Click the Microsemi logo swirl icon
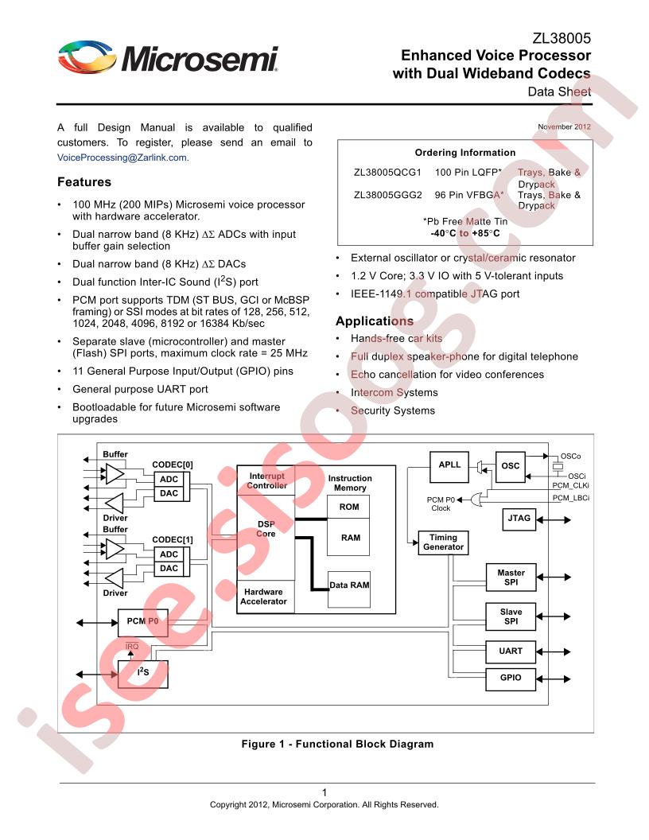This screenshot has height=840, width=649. point(87,56)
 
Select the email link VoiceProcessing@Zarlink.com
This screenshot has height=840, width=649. point(122,157)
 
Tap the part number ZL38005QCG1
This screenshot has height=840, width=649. point(387,173)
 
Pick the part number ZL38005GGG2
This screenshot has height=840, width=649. point(387,195)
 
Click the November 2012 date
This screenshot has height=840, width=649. point(564,127)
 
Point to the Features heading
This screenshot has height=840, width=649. point(84,182)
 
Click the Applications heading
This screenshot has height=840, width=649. point(375,321)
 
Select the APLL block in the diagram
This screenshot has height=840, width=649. point(449,467)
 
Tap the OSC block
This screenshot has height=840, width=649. point(511,467)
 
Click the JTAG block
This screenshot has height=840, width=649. point(519,519)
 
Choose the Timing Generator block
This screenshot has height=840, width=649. point(443,542)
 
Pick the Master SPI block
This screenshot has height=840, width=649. point(511,577)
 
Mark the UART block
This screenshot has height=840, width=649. point(511,651)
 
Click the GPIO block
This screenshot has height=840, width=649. point(511,679)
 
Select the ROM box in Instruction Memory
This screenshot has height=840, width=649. point(348,507)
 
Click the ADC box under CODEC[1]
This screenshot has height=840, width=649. point(169,554)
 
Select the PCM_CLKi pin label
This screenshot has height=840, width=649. point(571,486)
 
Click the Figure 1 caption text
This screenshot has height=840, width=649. point(337,744)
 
